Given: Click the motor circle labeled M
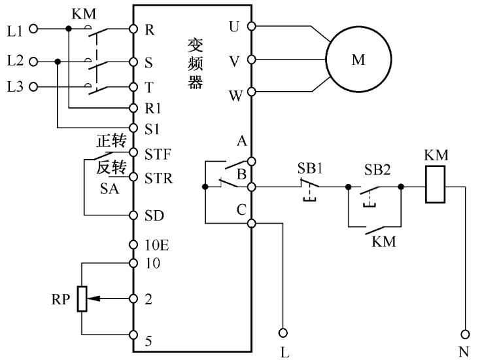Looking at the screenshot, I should pos(358,60).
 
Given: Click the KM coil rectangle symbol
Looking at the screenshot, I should pos(435,186).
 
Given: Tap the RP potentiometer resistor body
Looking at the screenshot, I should pos(81,298).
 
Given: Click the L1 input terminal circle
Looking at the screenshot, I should pos(34,29).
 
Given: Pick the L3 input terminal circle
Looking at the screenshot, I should pos(34,86).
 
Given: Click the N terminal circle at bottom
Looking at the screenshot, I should pos(465,332).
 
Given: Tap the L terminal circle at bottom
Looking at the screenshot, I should pos(284,332).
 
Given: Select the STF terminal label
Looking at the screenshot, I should pos(158,154).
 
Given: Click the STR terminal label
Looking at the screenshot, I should pos(159,177).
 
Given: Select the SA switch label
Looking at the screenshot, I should pos(109,188).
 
